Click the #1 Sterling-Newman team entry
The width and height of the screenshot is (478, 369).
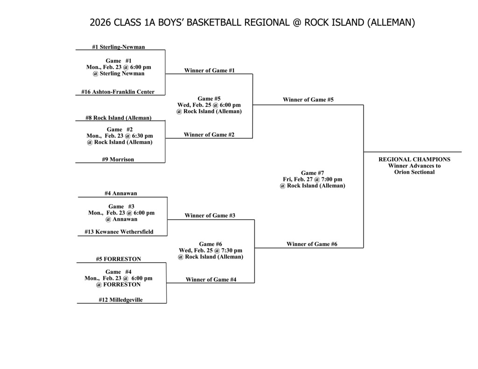tap(118, 47)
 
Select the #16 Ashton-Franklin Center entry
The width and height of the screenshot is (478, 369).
tap(118, 92)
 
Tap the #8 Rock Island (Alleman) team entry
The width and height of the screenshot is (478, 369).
tap(118, 118)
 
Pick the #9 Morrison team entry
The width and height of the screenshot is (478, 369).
tap(118, 160)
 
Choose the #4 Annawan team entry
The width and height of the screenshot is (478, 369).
tap(121, 193)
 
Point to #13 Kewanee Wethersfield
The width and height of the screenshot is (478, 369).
tap(119, 232)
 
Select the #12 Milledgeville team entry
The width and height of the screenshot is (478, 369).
tap(120, 300)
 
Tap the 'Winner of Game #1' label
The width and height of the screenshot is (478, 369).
tap(209, 70)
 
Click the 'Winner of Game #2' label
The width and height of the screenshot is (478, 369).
tap(209, 135)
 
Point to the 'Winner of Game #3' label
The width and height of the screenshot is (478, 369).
tap(210, 216)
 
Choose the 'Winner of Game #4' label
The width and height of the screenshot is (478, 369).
tap(211, 279)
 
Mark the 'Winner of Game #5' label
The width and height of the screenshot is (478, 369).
tap(308, 100)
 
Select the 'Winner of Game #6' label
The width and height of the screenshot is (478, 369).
tap(312, 244)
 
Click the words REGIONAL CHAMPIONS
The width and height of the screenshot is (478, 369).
tap(414, 159)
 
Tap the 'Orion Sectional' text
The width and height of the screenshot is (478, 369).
tap(414, 172)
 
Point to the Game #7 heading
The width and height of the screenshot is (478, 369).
tap(312, 173)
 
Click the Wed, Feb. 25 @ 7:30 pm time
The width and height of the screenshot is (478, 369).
tap(210, 251)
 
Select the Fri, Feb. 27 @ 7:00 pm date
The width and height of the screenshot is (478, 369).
tap(312, 179)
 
